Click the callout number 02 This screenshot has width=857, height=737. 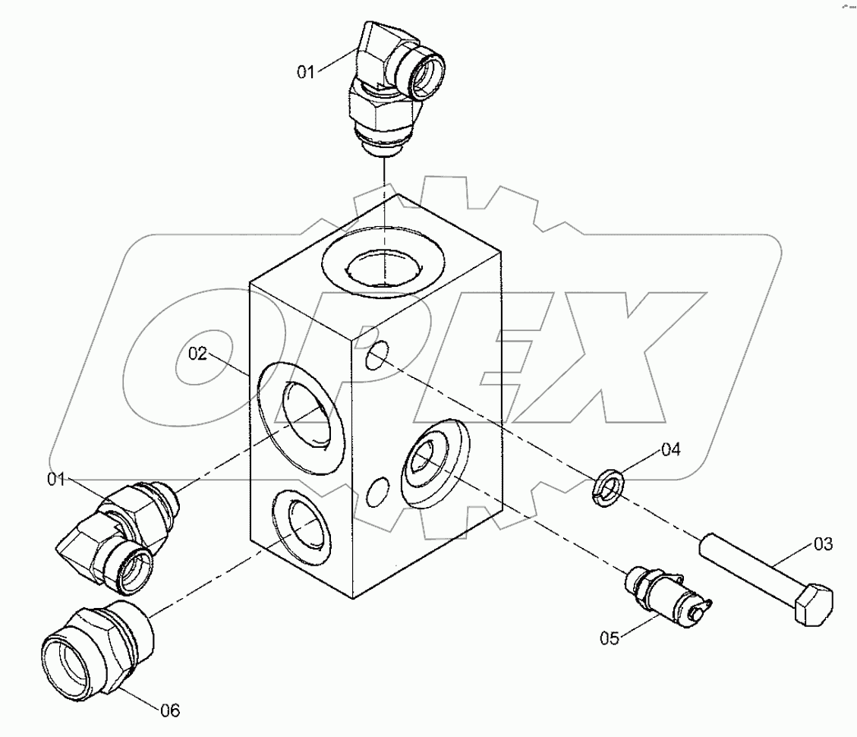pyautogui.click(x=197, y=354)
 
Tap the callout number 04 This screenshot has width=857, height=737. pyautogui.click(x=670, y=450)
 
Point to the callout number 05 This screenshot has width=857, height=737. pyautogui.click(x=610, y=638)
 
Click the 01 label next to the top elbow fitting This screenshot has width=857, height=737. pyautogui.click(x=305, y=72)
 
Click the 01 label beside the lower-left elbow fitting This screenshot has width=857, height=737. pyautogui.click(x=57, y=479)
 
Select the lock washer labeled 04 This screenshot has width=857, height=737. pyautogui.click(x=608, y=486)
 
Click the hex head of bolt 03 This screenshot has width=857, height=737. pyautogui.click(x=813, y=605)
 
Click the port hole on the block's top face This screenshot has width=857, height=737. pyautogui.click(x=383, y=265)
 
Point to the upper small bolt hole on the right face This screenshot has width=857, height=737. pyautogui.click(x=377, y=355)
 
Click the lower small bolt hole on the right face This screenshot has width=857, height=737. pyautogui.click(x=377, y=492)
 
